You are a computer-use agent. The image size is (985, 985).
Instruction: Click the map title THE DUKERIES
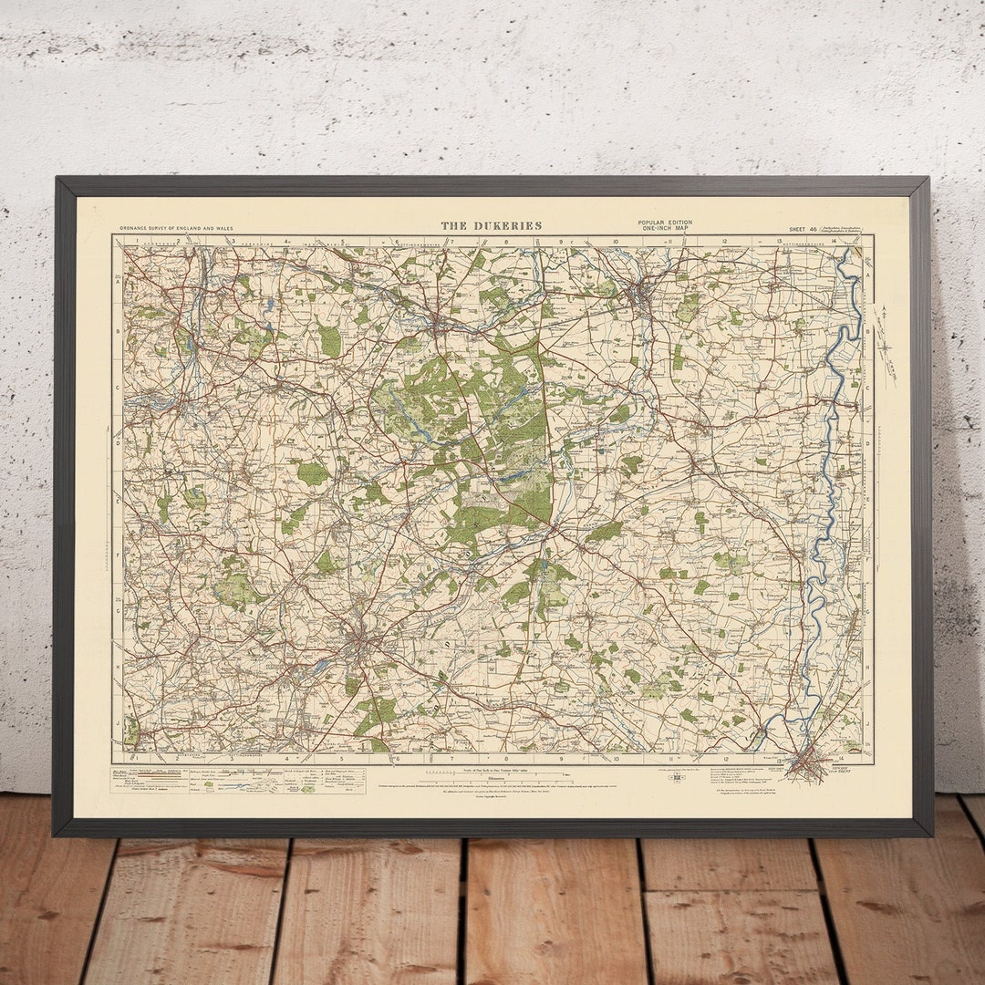click(491, 225)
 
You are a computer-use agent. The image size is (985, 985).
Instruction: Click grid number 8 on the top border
click(506, 242)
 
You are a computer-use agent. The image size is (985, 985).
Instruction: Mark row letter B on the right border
click(868, 331)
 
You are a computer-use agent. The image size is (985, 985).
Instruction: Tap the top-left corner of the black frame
click(57, 179)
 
